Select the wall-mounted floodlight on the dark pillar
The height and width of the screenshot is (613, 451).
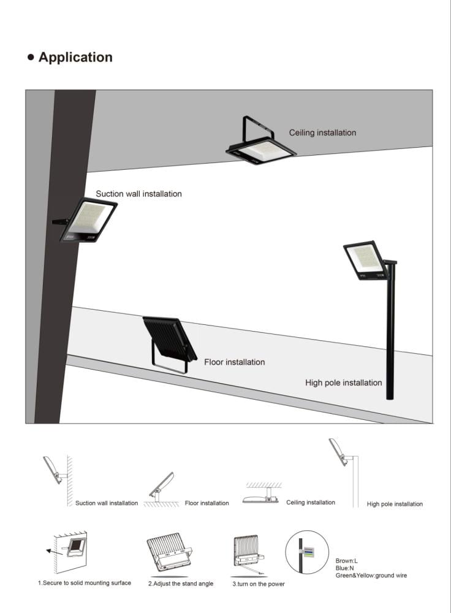tap(85, 221)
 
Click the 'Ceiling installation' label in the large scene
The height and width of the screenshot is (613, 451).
tap(322, 132)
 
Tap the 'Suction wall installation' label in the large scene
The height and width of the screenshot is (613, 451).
tap(138, 194)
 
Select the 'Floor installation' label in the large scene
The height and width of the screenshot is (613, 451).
tap(235, 362)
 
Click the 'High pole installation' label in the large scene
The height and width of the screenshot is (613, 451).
tap(344, 383)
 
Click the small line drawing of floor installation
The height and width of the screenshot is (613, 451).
tap(161, 489)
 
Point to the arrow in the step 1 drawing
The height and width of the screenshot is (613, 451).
tap(54, 552)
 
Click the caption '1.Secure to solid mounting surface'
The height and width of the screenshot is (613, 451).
tap(85, 583)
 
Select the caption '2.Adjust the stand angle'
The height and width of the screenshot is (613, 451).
tap(181, 584)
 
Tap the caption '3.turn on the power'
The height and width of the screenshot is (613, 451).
tap(259, 584)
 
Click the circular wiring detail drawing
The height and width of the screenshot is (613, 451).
tap(307, 552)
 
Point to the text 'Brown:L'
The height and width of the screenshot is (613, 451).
tap(346, 561)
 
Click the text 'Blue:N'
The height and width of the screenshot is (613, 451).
tap(344, 568)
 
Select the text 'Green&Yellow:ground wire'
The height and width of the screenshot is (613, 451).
tap(371, 576)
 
